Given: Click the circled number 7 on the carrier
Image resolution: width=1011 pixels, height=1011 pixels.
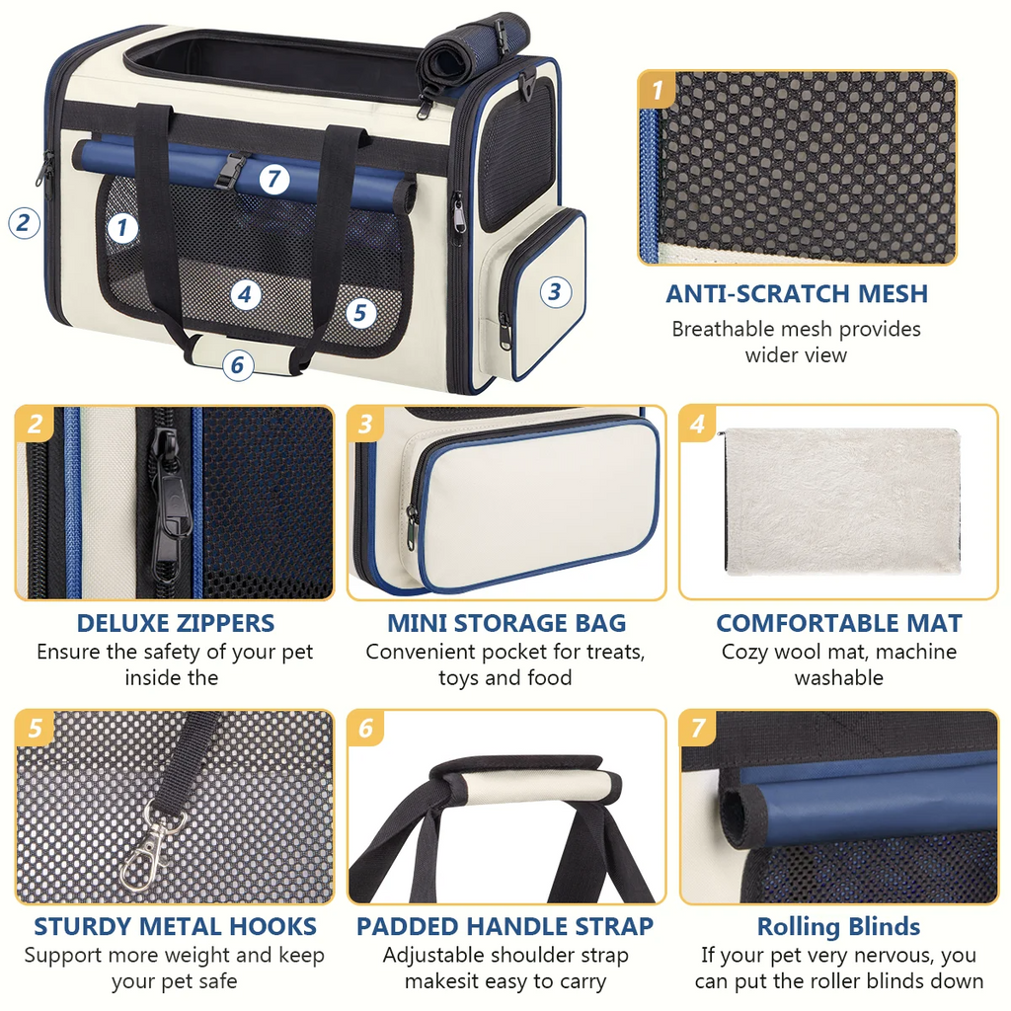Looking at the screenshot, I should point(274,181).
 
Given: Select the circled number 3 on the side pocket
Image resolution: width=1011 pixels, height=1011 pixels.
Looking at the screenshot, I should point(555,291).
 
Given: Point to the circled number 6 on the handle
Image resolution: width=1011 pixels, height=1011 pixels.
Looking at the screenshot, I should point(236,365).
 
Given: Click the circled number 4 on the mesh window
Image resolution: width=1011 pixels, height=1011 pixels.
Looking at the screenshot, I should point(247,294).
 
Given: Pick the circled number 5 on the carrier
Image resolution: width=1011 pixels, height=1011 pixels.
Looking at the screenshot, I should point(360,314).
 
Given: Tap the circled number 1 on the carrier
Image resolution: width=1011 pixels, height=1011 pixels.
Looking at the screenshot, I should point(121,228).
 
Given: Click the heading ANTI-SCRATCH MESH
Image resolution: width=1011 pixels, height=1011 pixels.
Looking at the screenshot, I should point(797,293).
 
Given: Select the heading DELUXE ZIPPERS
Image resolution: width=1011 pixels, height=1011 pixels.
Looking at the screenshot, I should point(176,623).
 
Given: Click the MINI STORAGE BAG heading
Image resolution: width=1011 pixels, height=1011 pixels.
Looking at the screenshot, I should point(506,623).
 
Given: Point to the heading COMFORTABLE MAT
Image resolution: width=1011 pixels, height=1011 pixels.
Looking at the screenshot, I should point(838,623).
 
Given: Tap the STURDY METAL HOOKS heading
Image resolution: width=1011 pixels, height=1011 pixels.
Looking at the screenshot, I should point(175,926).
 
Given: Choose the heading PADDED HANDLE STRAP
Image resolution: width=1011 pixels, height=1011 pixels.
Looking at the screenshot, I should point(505,926).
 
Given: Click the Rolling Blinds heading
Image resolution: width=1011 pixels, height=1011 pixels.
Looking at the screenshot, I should point(838,927).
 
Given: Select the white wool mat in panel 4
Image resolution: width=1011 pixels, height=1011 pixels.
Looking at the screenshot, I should point(840,504).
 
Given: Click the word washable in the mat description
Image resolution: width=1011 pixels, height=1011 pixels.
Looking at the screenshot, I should point(838,678).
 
